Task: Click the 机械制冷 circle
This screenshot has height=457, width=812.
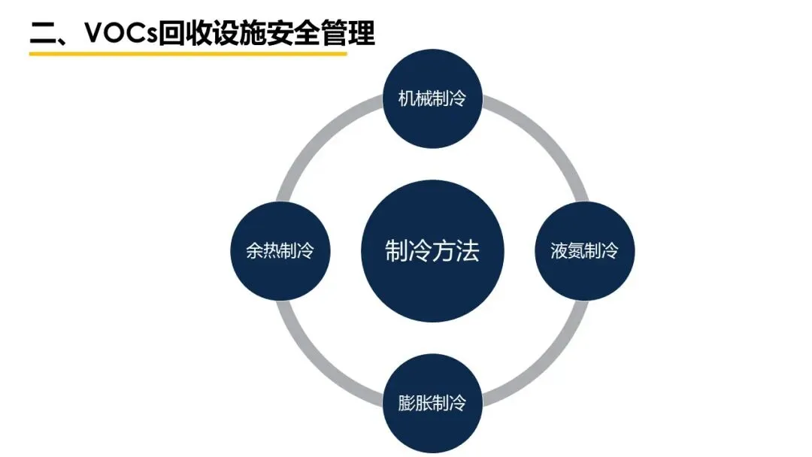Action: pos(432,98)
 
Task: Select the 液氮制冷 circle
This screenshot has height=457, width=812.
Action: pos(584,251)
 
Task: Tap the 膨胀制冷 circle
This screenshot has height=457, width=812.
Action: pos(432,403)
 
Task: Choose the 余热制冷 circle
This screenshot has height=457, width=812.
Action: pos(280,251)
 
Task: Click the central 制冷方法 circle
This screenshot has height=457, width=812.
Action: pos(432,251)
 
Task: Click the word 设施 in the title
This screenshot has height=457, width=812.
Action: pos(238,34)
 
